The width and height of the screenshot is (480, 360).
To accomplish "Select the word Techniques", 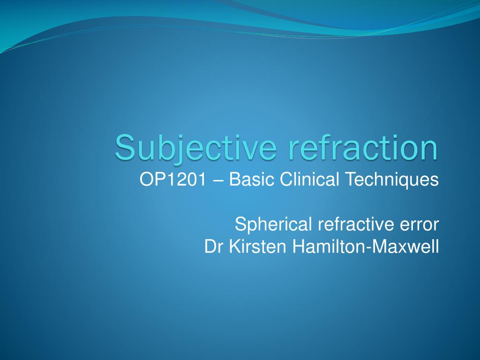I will tap(396, 180).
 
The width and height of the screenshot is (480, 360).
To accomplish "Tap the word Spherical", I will tap(273, 225).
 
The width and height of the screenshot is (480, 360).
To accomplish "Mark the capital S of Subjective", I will tap(124, 147).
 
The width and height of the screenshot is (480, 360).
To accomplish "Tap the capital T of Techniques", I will tap(359, 180).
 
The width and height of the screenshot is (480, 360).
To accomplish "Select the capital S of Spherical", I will tap(240, 225).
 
